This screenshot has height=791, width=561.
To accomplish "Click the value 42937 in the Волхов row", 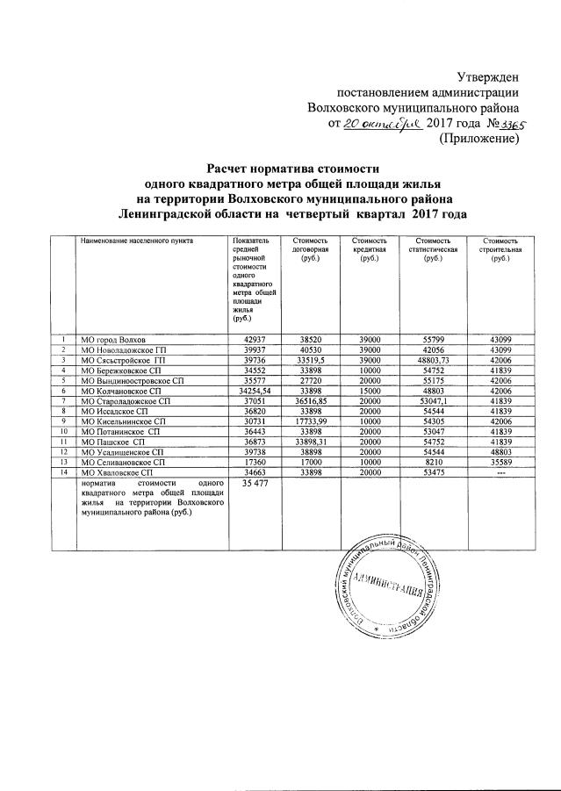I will tap(254, 339).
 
